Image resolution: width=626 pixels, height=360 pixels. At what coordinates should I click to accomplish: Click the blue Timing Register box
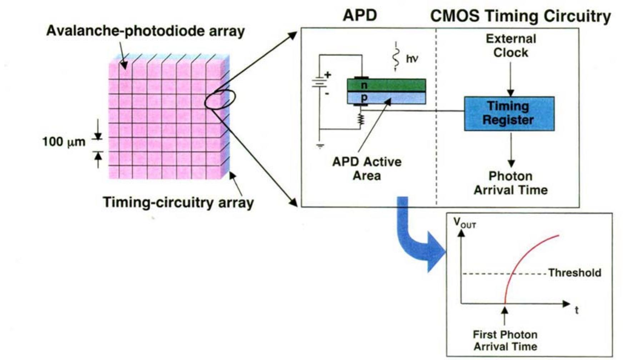coord(509,113)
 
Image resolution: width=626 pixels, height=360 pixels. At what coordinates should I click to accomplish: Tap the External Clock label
coord(511,45)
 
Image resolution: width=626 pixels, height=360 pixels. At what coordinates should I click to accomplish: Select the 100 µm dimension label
coord(64,142)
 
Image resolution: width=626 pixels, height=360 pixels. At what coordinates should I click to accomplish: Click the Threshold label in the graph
coord(575,273)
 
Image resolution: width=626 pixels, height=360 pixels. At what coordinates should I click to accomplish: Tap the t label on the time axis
coord(577,310)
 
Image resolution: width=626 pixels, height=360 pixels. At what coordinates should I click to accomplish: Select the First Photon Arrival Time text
coord(505,340)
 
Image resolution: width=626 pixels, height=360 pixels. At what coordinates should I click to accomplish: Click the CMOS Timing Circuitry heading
coord(520,16)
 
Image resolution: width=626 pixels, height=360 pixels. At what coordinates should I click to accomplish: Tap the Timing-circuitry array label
coord(178,202)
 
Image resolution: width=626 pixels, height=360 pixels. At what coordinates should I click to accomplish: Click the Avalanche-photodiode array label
coord(145,31)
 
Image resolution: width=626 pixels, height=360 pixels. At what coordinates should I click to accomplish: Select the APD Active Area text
coord(367,169)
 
